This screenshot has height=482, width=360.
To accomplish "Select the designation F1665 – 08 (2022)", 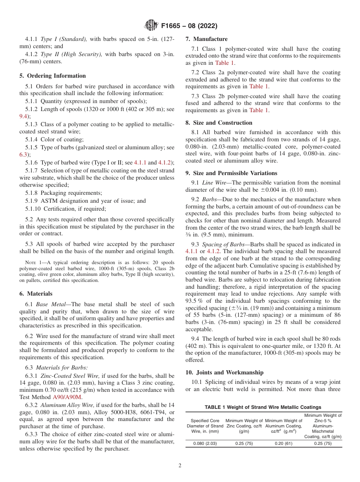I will tap(189, 26).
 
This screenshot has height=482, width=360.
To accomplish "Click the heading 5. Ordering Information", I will tap(53, 76).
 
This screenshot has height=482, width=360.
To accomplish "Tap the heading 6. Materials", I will tap(36, 294).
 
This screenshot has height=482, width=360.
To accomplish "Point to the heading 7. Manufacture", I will tap(207, 39).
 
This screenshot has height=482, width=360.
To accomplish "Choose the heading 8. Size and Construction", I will tap(219, 123).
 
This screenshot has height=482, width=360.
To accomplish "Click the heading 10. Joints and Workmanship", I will tap(224, 372).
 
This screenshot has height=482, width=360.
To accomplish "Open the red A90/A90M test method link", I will tap(67, 397).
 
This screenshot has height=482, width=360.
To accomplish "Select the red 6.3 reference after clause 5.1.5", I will tap(23, 155).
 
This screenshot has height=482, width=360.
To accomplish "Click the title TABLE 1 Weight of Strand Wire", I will tap(263, 407).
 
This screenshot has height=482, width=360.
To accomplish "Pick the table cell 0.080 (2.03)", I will tap(205, 444).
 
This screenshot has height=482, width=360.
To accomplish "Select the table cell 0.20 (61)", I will tap(283, 444).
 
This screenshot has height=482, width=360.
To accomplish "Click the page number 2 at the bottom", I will tap(180, 466).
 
